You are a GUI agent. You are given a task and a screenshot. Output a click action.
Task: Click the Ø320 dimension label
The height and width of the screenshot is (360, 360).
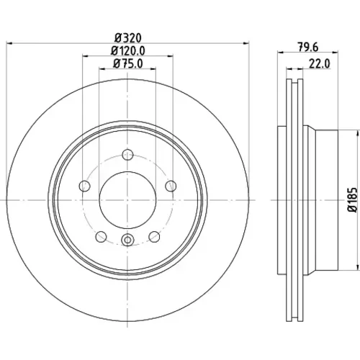[128, 38]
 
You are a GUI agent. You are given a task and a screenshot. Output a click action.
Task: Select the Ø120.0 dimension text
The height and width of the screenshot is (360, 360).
[128, 51]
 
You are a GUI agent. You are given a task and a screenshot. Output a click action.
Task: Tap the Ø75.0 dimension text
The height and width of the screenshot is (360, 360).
[128, 64]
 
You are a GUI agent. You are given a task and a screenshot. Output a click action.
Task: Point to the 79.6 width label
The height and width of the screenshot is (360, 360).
[308, 47]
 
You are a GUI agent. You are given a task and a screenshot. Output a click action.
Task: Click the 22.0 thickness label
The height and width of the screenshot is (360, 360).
[319, 64]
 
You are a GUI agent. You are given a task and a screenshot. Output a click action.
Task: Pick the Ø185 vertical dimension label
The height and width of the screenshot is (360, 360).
[353, 199]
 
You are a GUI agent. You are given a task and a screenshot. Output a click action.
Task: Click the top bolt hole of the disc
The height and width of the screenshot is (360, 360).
[127, 155]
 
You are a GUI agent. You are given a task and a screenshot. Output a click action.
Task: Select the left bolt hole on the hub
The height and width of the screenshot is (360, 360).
[84, 186]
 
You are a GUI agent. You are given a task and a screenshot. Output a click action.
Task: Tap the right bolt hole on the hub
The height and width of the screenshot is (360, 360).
[171, 186]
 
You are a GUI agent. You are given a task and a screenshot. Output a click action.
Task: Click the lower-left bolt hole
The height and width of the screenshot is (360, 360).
[101, 237]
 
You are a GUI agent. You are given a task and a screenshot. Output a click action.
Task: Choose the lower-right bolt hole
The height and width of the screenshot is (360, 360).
[154, 237]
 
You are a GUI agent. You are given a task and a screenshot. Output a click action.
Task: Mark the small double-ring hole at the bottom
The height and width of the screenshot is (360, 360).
[127, 240]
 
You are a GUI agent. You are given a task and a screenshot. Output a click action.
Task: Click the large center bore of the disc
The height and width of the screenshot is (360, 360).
[127, 200]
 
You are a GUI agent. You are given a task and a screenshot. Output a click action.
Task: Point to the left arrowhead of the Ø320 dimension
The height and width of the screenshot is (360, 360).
[9, 43]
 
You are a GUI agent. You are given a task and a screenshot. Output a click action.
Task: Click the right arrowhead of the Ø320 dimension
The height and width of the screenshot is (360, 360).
[246, 43]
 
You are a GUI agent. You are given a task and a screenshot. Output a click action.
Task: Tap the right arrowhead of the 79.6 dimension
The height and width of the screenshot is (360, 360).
[336, 52]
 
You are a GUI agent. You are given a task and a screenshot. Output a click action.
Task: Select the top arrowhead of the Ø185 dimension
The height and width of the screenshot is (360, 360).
[355, 133]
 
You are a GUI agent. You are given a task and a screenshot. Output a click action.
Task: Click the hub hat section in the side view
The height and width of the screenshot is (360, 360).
[326, 199]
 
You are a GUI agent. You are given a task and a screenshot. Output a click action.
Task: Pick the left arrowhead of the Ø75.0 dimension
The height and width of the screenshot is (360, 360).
[102, 69]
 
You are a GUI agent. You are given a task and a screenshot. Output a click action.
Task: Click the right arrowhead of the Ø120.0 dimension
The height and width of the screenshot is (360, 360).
[170, 56]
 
